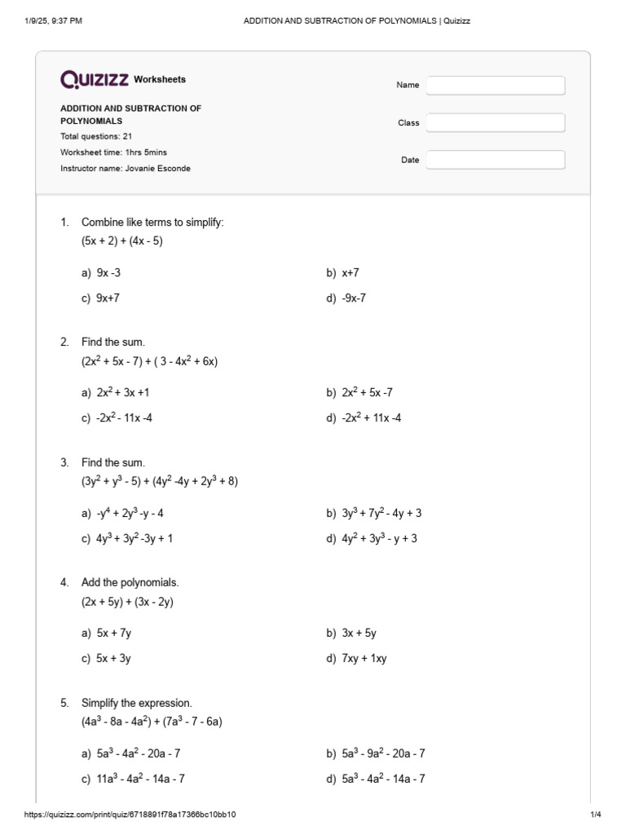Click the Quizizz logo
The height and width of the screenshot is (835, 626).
point(94,79)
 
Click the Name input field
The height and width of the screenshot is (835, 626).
point(495,85)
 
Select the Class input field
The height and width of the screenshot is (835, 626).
point(495,122)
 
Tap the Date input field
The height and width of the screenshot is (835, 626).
point(495,160)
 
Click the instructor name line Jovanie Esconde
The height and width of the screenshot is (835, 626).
point(126,168)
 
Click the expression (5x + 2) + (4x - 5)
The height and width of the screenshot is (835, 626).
point(122,241)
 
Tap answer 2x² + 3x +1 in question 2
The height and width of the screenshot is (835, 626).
point(122,392)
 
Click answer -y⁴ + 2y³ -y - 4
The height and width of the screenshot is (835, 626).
point(130,513)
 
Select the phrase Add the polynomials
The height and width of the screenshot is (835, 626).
point(130,582)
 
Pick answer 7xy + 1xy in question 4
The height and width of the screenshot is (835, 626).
point(364,658)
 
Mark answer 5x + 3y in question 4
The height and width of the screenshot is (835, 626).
point(113,658)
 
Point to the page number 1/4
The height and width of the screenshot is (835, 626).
point(595,815)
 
